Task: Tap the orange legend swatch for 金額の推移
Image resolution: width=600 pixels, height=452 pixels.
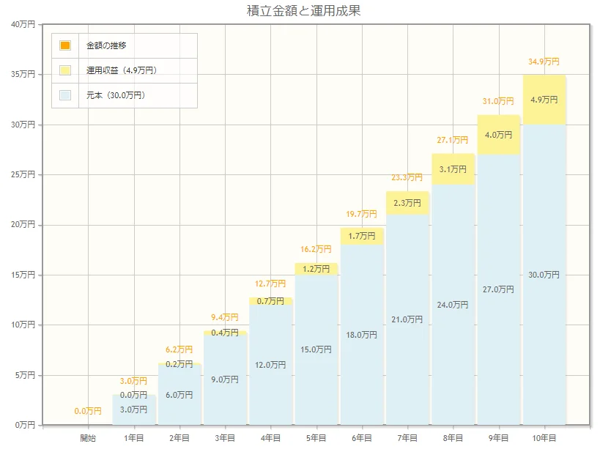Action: tap(65, 45)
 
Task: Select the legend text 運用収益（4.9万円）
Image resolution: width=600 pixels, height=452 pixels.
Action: tap(122, 70)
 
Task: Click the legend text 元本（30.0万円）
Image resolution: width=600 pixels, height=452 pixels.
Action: tap(116, 95)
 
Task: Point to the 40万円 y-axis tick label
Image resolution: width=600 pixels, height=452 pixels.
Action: tap(23, 25)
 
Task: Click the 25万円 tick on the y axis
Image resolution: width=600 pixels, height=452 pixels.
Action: tap(23, 175)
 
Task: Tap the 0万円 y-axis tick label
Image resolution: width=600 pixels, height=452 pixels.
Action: tap(26, 425)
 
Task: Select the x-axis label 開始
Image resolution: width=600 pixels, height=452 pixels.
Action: tap(88, 438)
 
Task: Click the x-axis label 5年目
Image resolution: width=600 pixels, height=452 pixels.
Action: tap(316, 438)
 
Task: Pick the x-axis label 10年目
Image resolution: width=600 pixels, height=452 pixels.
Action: tap(544, 438)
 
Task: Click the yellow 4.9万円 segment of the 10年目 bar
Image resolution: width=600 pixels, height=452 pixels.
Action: tap(544, 100)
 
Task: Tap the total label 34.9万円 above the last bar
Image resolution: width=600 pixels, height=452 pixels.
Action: tap(544, 62)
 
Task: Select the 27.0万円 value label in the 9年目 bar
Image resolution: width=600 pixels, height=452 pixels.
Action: tap(498, 289)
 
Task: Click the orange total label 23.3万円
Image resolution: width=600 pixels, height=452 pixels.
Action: tap(407, 177)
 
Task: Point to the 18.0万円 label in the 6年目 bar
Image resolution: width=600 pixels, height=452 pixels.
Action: tap(362, 335)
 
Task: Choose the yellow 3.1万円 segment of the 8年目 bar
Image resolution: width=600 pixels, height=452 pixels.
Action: tap(453, 169)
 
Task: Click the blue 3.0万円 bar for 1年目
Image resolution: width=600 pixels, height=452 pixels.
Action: tap(133, 410)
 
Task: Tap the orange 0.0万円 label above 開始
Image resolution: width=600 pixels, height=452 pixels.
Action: tap(88, 411)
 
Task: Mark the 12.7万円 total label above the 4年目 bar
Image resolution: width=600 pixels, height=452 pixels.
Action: tap(270, 284)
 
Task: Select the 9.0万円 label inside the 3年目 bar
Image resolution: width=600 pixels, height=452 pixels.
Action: tap(225, 379)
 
